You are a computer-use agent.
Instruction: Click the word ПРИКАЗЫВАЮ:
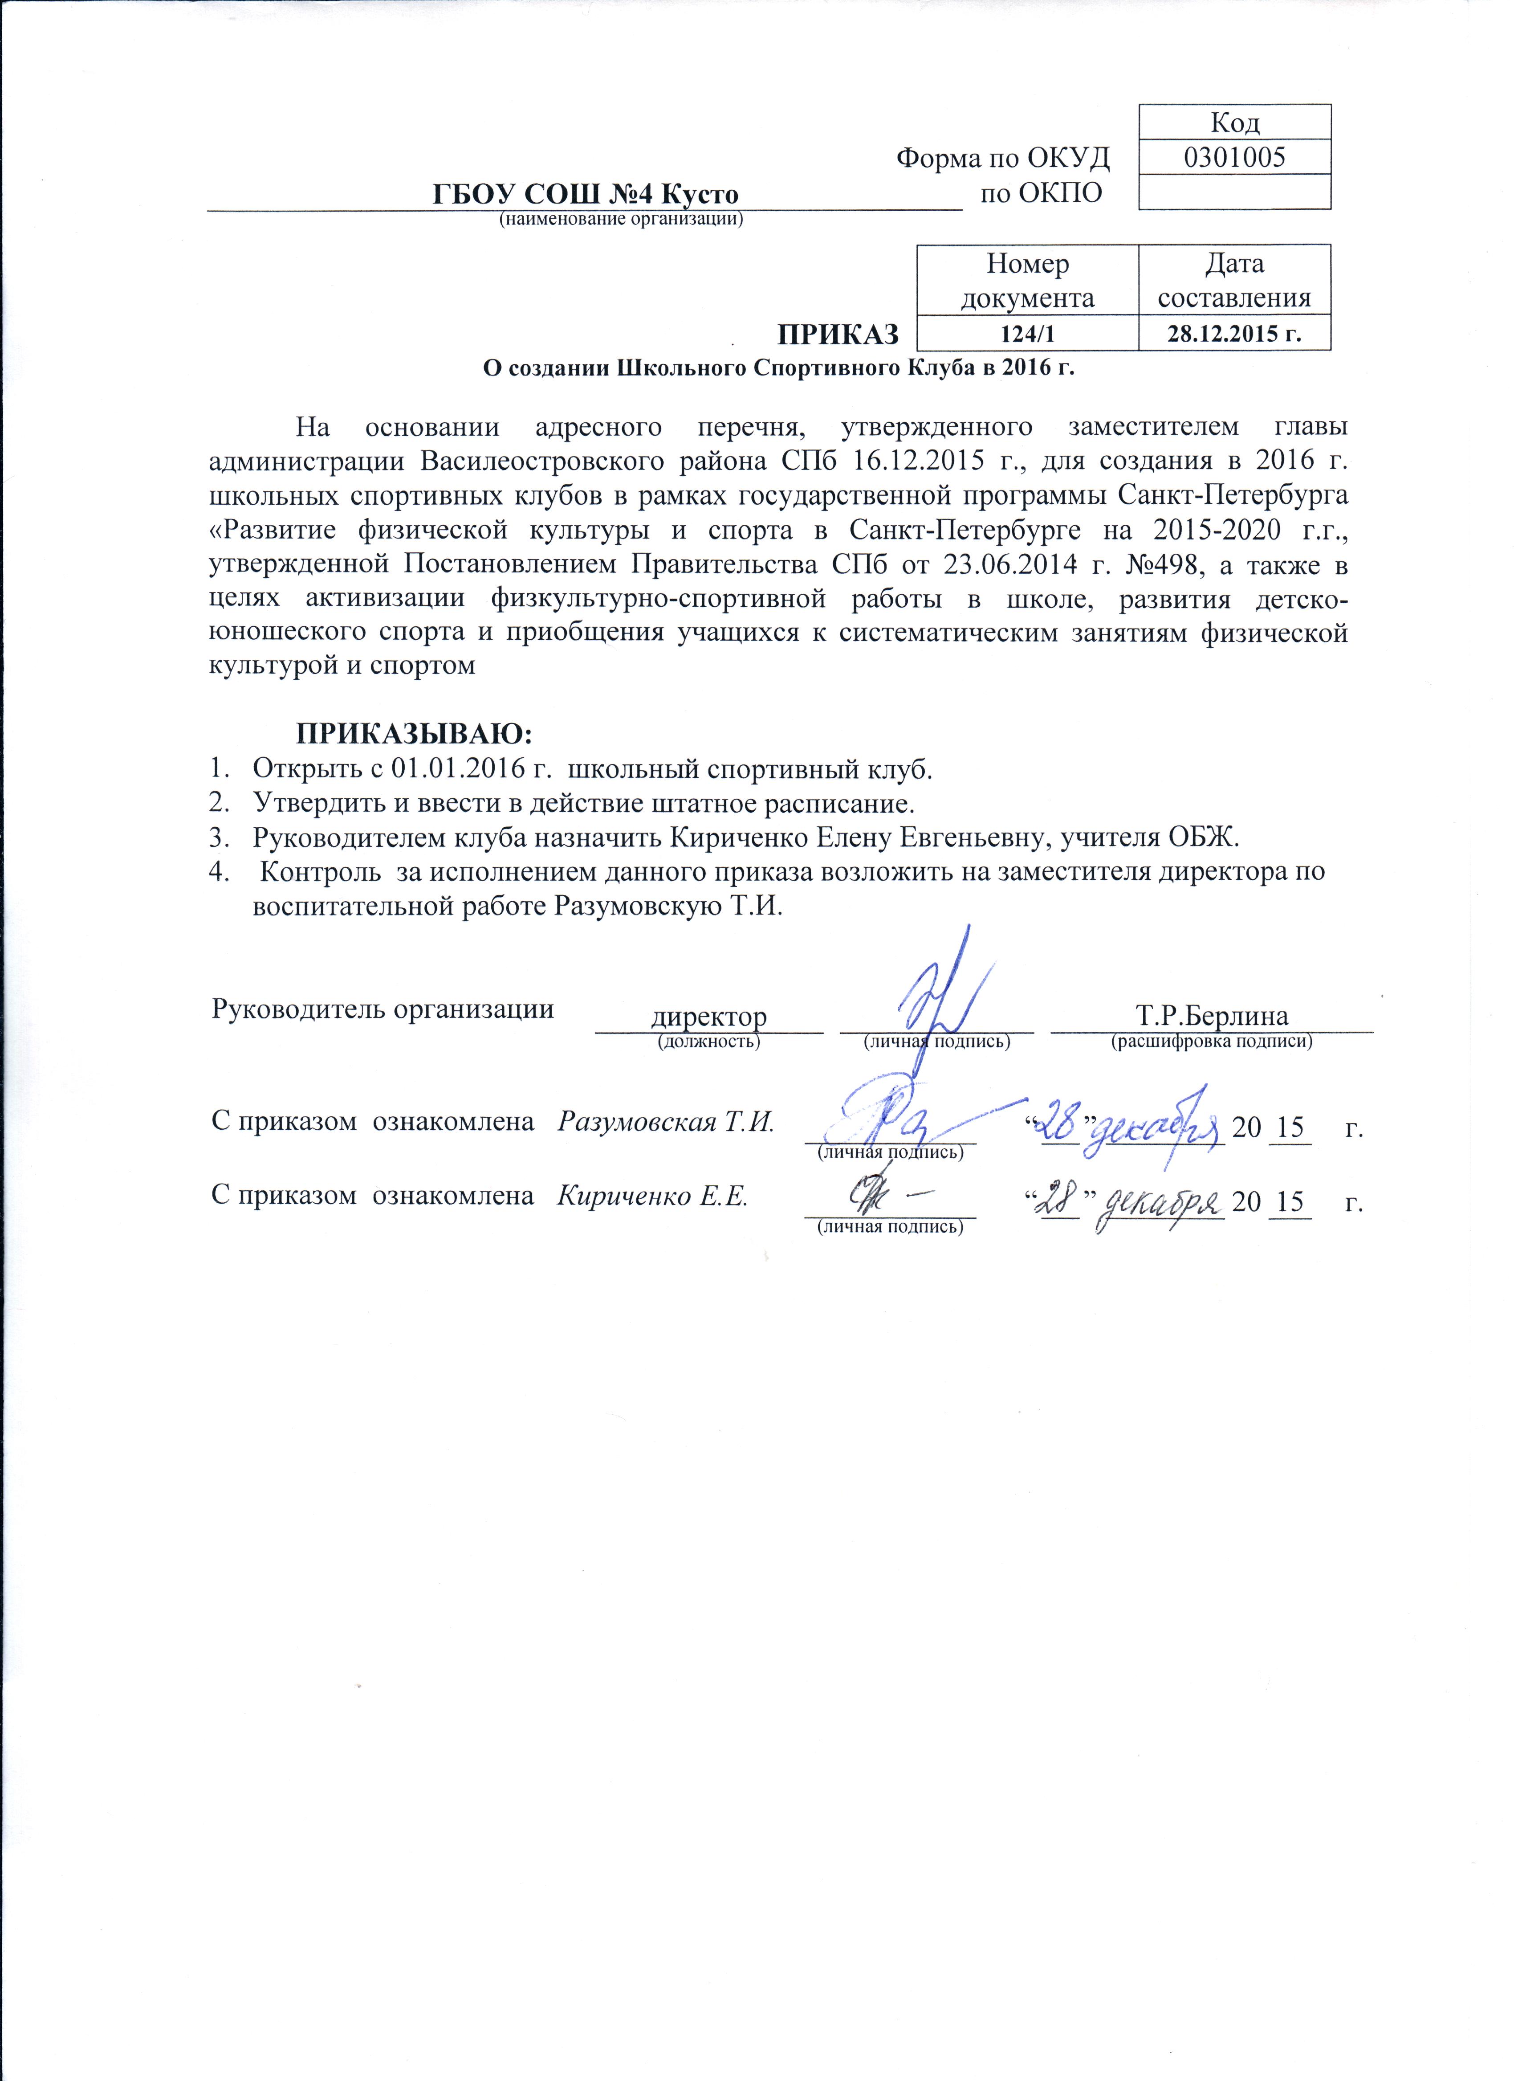(413, 734)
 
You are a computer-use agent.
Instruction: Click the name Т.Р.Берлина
(1212, 1016)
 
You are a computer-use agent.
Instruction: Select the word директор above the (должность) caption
(708, 1017)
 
